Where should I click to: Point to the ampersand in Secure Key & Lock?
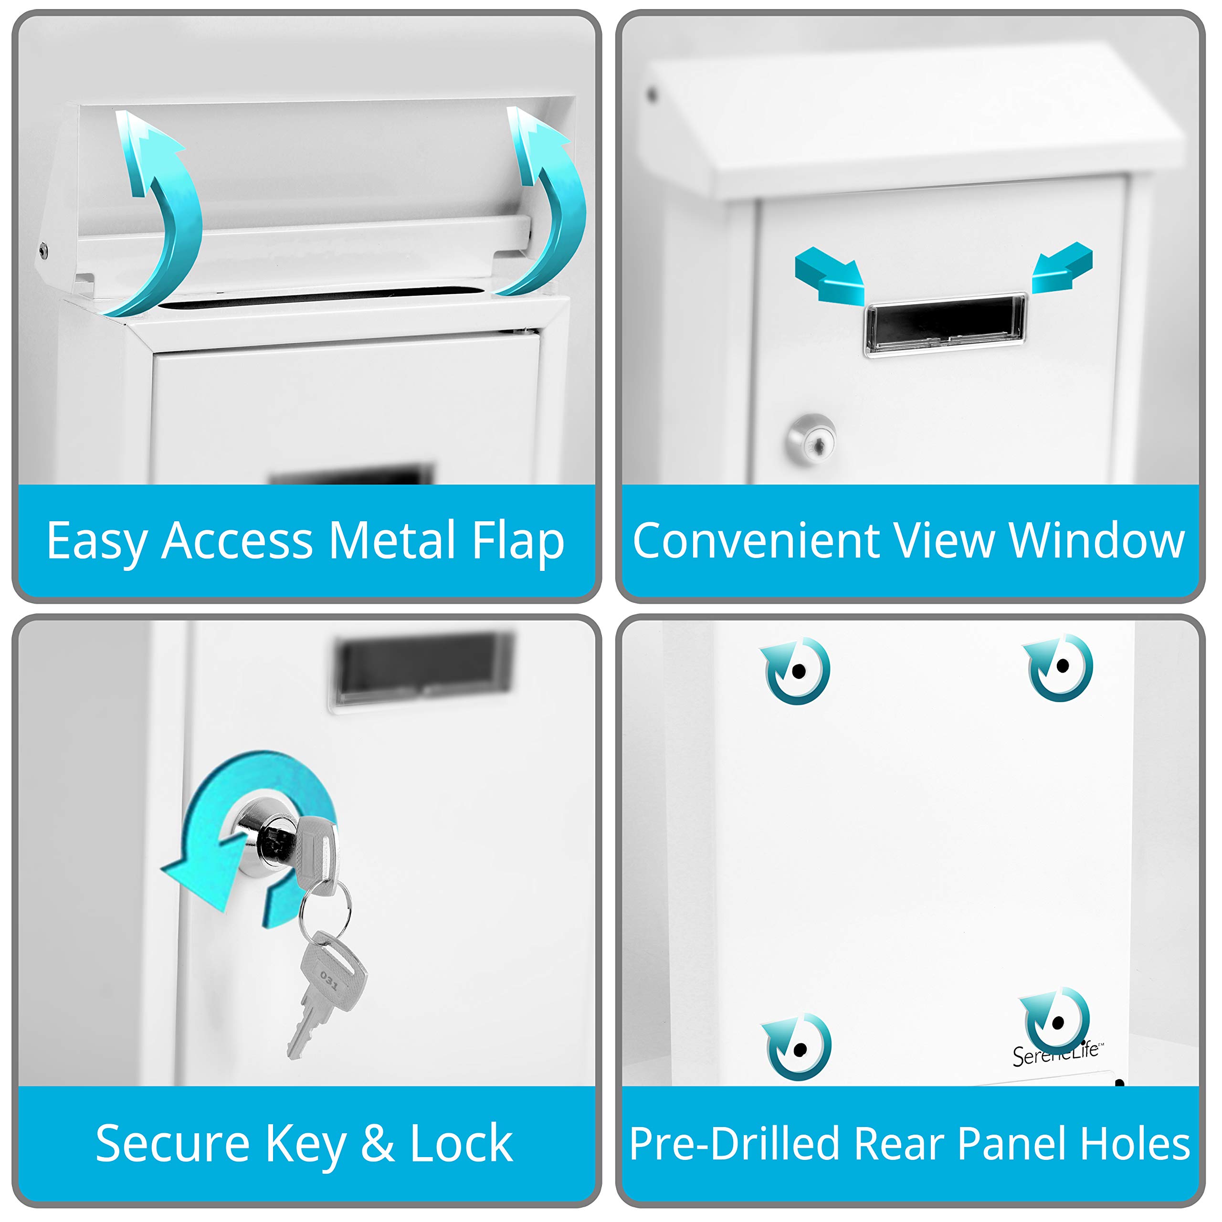pyautogui.click(x=378, y=1144)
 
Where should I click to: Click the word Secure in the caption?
pyautogui.click(x=173, y=1144)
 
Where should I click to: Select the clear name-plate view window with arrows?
pyautogui.click(x=945, y=324)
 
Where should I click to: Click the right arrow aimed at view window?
pyautogui.click(x=1063, y=268)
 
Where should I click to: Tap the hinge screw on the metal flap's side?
pyautogui.click(x=43, y=251)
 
